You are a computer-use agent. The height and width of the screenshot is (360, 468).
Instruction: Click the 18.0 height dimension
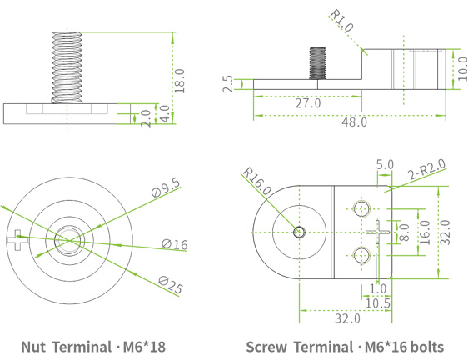point(179,81)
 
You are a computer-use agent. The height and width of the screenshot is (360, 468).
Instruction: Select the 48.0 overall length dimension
point(354,122)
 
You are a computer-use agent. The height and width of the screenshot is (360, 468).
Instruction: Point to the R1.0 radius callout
point(341,21)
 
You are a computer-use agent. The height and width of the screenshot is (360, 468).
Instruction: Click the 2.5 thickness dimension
point(228,83)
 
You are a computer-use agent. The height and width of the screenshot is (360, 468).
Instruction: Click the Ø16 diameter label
point(175,243)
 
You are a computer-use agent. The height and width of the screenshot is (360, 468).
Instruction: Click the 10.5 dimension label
point(378,302)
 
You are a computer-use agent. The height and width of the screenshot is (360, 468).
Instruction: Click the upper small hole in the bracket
point(361,207)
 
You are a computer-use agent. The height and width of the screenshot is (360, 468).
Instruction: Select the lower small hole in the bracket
point(361,255)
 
